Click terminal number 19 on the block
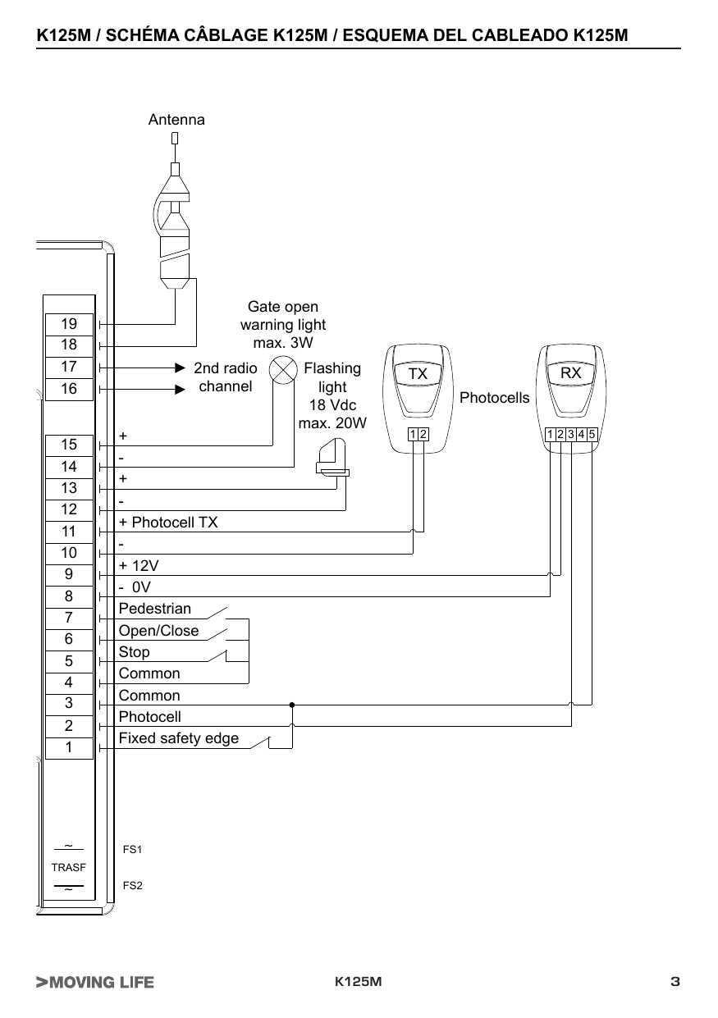coord(69,324)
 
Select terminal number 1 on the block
coord(69,746)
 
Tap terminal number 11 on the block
coord(69,532)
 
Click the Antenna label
coord(176,120)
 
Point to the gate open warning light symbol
coord(283,370)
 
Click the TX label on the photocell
coord(418,373)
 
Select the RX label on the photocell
coord(570,372)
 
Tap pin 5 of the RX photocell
coord(592,435)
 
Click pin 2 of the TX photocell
coord(423,435)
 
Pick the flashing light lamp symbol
coord(333,458)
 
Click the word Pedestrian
coord(154,609)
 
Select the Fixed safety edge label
coord(179,738)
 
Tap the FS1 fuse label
coord(132,849)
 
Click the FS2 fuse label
coord(132,885)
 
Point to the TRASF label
coord(69,868)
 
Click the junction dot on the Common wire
coord(292,705)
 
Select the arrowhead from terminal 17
coord(181,367)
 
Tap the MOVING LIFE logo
coord(95,982)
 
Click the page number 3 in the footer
coord(675,982)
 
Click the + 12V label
coord(139,566)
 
